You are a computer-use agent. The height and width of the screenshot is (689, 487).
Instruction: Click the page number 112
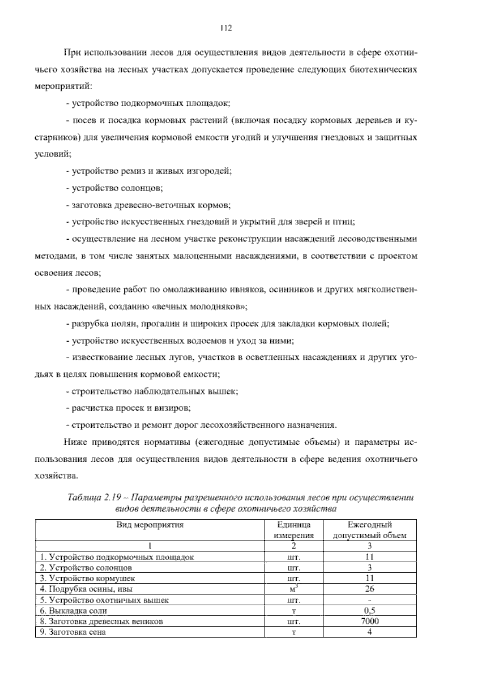pos(225,28)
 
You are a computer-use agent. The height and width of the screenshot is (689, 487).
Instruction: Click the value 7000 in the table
pos(369,621)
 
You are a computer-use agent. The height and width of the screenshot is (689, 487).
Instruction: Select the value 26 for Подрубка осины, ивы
pos(369,589)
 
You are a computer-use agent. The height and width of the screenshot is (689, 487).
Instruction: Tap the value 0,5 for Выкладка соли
pos(369,611)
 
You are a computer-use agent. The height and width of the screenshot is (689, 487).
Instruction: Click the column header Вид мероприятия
pos(150,525)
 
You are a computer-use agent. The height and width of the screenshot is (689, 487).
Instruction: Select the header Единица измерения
pos(294,530)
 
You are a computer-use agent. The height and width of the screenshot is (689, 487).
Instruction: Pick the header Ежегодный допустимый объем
pos(369,530)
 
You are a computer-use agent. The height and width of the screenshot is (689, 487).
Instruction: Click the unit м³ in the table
pos(294,589)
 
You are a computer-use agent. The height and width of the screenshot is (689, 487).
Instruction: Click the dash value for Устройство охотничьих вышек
pos(369,600)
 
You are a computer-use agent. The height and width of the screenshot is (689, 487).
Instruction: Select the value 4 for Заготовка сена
pos(369,632)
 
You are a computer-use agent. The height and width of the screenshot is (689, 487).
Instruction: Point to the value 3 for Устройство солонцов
pos(369,568)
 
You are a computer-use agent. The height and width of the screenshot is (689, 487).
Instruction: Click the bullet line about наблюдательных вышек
pos(152,392)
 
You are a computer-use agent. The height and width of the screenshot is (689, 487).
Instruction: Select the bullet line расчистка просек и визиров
pos(129,408)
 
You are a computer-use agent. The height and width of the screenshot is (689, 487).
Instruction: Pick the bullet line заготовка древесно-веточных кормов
pos(149,205)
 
